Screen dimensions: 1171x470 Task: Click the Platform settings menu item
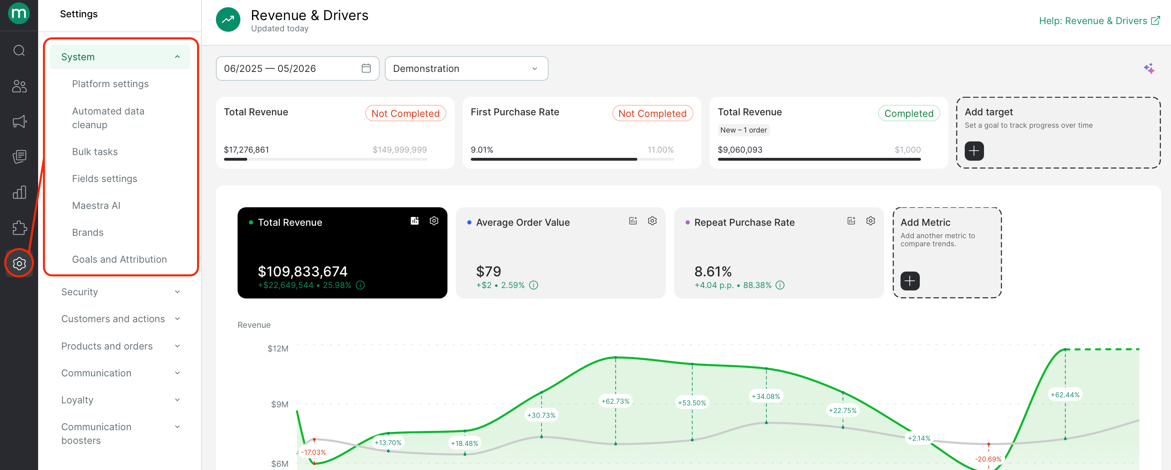110,84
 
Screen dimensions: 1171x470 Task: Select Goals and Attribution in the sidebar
119,260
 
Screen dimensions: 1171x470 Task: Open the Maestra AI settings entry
96,206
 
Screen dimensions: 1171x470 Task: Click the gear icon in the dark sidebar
19,263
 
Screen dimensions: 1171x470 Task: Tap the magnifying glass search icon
19,50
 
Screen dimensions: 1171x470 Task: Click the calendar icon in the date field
366,68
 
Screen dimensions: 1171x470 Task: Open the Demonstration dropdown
466,68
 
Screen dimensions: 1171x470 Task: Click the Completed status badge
909,113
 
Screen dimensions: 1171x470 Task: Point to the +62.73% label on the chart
616,401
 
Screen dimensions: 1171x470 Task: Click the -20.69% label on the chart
988,459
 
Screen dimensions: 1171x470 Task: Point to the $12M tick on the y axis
278,349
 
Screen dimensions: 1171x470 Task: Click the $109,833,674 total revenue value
303,272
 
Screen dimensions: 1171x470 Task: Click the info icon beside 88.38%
780,285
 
